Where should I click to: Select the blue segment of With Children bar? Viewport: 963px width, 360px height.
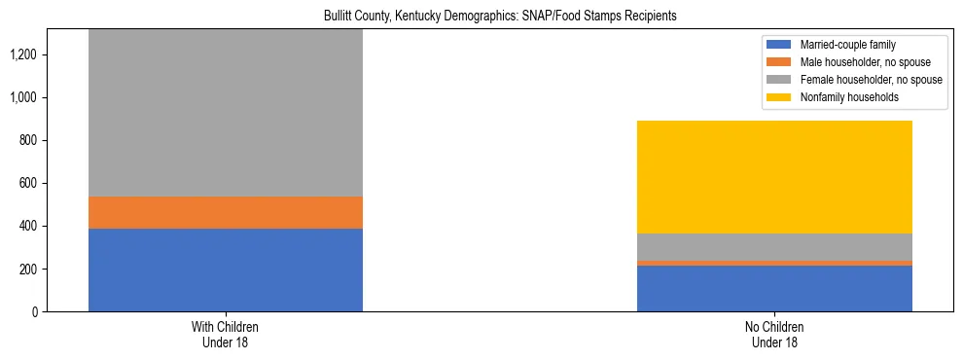[226, 270]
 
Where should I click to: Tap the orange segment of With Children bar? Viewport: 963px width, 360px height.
[226, 212]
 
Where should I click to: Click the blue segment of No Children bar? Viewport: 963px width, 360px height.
[774, 288]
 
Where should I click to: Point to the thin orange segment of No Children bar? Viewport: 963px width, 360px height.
[774, 263]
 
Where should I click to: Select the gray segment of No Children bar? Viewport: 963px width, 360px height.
[774, 247]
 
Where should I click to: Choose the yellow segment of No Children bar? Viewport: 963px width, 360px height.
[774, 177]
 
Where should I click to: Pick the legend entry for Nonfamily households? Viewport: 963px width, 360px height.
[842, 97]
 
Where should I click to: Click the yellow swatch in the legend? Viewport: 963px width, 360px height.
[780, 97]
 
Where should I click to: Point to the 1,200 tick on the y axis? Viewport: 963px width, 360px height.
[24, 54]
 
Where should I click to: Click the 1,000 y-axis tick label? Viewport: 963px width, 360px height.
[24, 97]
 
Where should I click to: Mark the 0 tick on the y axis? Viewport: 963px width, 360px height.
[35, 311]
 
